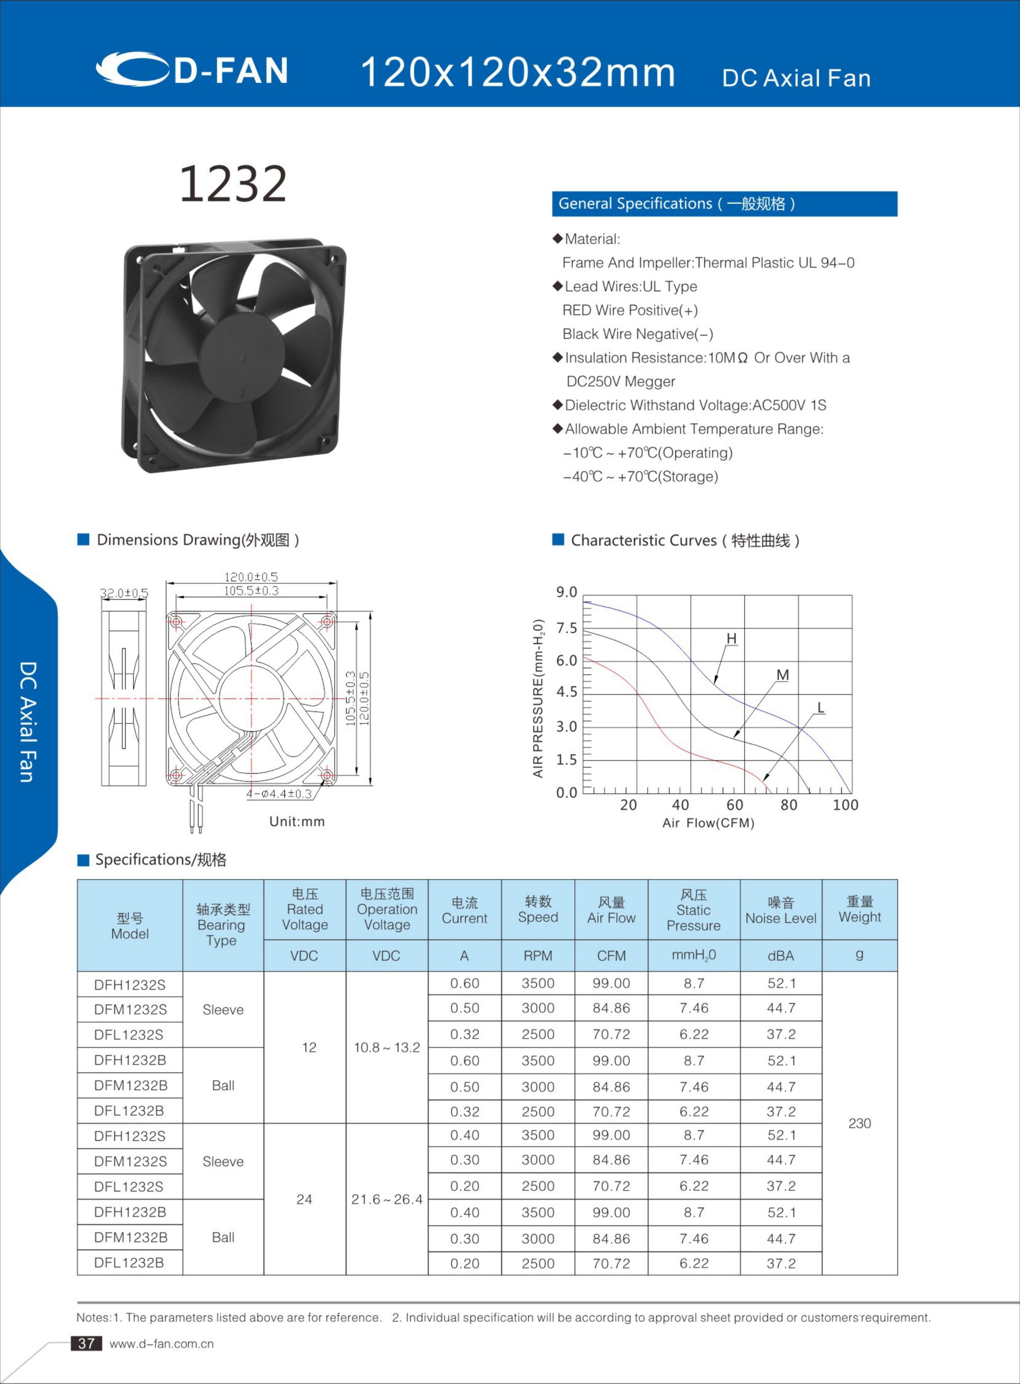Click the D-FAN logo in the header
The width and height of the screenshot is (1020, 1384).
tap(192, 69)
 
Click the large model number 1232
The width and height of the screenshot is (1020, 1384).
tap(233, 183)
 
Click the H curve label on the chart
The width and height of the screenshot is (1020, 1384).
tap(731, 638)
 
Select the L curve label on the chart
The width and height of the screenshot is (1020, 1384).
tap(820, 708)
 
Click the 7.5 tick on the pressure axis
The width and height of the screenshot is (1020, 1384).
tap(566, 628)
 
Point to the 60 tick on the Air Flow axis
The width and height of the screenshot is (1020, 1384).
tap(734, 805)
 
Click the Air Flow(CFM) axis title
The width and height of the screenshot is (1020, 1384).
tap(708, 823)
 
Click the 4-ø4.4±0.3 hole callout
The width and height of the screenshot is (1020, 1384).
tap(279, 794)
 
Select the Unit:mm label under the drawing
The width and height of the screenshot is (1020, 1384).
tap(297, 822)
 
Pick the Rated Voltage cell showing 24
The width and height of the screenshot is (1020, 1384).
tap(305, 1199)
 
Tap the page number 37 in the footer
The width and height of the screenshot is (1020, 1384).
tap(87, 1343)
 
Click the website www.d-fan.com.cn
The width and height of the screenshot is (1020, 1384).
tap(162, 1344)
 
